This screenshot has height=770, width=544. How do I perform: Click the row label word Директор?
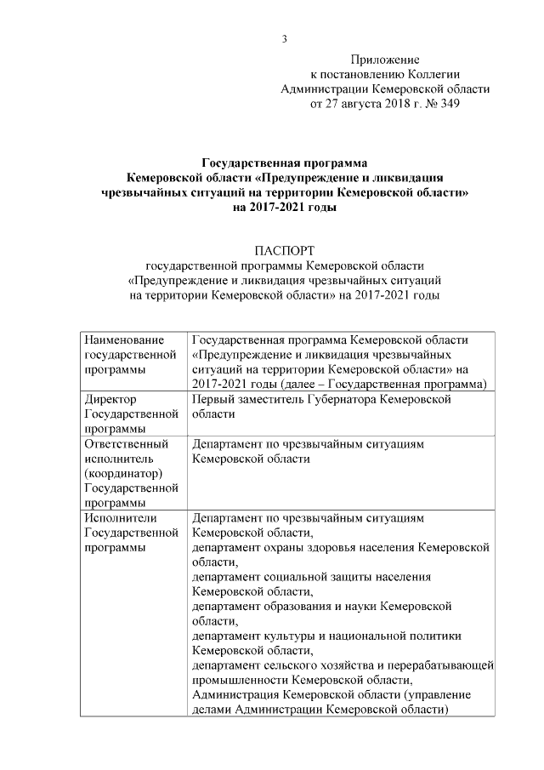111,398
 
